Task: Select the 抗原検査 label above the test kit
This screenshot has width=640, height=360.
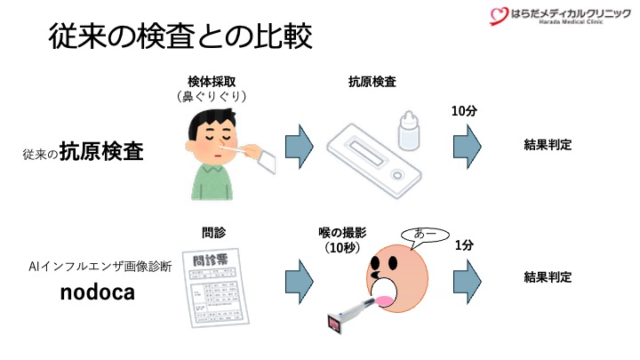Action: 372,81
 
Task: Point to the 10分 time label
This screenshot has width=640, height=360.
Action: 465,111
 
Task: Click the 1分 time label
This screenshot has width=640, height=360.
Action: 465,245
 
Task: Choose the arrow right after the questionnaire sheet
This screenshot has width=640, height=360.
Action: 299,278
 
